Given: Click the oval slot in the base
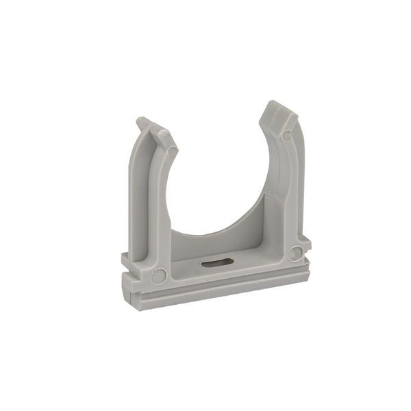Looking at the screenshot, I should tap(218, 261).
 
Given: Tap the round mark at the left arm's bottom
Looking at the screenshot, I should tap(158, 276).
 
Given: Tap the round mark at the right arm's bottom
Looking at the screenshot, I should tap(295, 253).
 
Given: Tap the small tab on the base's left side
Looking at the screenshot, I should tap(125, 260).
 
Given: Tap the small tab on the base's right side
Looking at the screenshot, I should tap(306, 241).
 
